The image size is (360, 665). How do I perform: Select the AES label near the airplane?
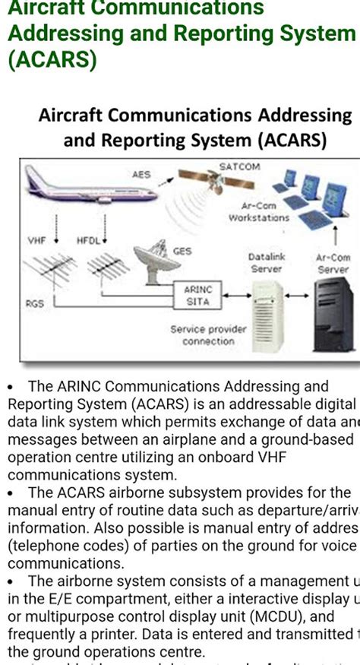click(141, 174)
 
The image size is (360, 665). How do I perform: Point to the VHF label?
click(37, 240)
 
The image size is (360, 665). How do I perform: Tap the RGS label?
click(35, 303)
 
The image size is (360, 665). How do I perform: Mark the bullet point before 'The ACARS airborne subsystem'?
click(11, 492)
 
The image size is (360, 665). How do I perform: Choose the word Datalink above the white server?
click(267, 258)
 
